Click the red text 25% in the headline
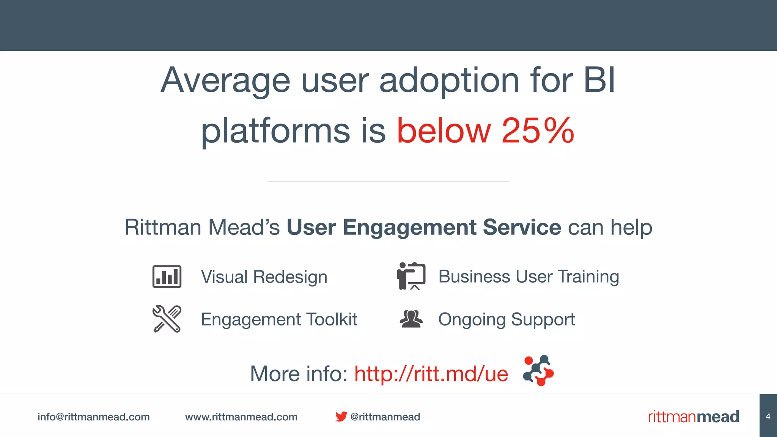tap(538, 131)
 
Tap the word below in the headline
tap(444, 131)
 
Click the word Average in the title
tap(225, 80)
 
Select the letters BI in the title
tap(599, 80)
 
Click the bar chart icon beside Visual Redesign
tap(167, 277)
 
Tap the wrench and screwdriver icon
tap(167, 319)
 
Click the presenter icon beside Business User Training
tap(411, 276)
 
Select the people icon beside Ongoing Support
tap(411, 319)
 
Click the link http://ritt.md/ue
tap(431, 374)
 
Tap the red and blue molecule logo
tap(538, 371)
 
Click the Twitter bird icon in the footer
tap(341, 417)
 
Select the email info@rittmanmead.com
tap(93, 417)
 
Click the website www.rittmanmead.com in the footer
tap(241, 417)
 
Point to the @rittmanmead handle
tap(385, 417)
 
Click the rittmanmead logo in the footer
tap(693, 417)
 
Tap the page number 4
tap(768, 417)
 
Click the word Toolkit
tap(332, 319)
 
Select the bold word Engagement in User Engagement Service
tap(409, 228)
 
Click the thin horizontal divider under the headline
tap(388, 181)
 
